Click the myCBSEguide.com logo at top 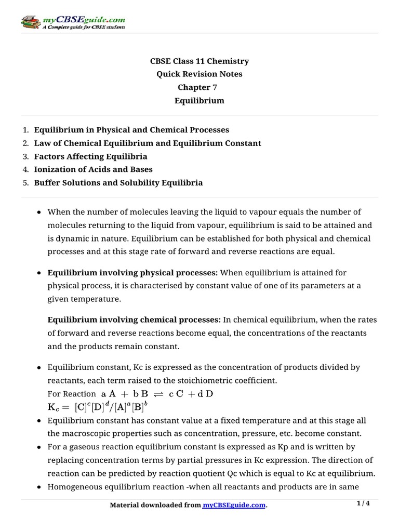73,22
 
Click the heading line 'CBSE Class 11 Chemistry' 199,61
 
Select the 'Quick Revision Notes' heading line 199,74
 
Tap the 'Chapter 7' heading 199,87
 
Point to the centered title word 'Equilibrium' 199,101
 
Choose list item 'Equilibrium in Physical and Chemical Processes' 131,130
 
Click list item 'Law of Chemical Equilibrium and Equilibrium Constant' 148,143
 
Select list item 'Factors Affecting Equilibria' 91,156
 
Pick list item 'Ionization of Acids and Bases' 94,169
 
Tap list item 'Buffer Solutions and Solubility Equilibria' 118,183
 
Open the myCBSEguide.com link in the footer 234,506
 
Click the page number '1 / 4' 364,503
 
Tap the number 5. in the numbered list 26,183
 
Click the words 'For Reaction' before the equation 72,394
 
